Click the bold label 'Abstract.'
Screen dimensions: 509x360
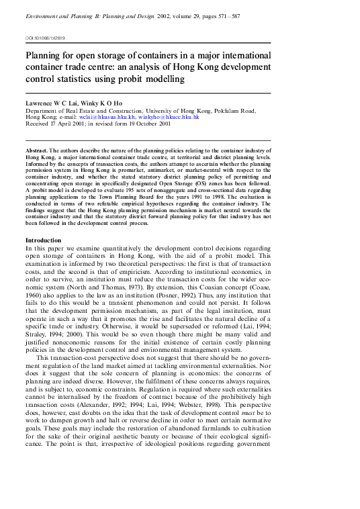point(37,152)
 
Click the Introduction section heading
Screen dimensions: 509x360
point(44,240)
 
